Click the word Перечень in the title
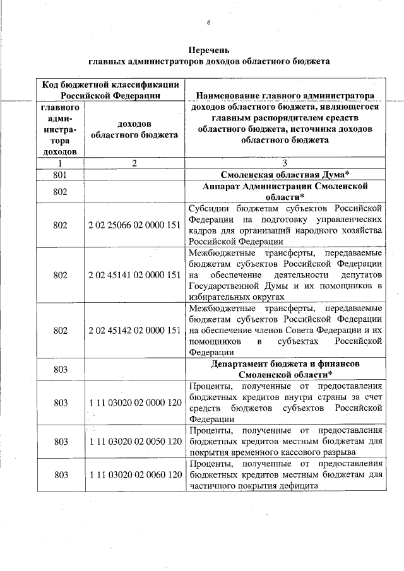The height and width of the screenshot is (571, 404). point(209,50)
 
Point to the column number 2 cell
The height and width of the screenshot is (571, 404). point(134,163)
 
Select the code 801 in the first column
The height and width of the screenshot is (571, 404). point(61,174)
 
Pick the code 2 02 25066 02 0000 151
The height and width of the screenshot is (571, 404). point(134,225)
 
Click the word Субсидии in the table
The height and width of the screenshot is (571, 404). point(208,208)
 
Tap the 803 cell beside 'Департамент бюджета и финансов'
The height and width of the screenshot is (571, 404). point(61,370)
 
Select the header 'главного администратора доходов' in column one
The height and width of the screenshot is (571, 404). point(61,130)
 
